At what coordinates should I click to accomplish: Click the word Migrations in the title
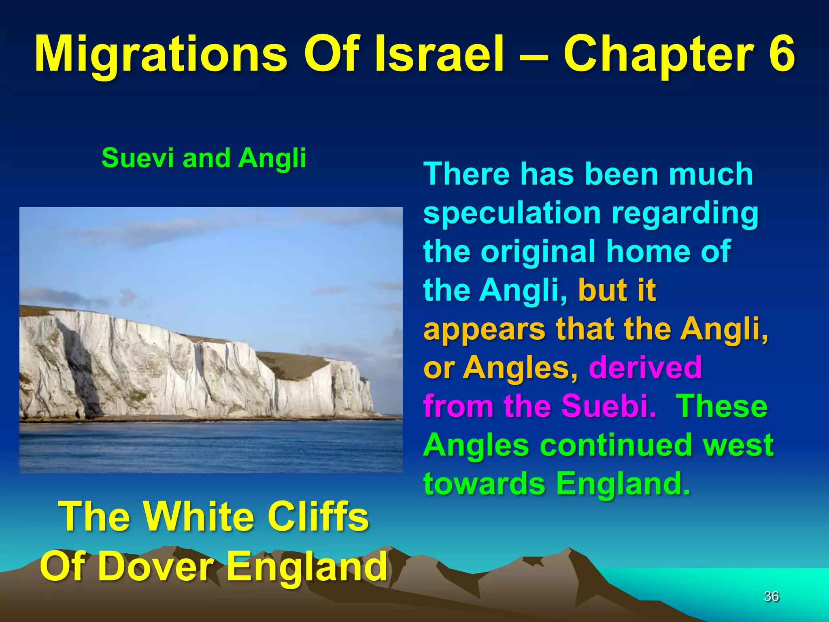(x=160, y=55)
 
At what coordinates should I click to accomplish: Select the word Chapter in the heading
(x=659, y=55)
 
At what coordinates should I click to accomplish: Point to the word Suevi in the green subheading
(x=138, y=158)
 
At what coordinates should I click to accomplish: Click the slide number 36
(x=771, y=596)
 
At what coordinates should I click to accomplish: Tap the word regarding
(x=685, y=213)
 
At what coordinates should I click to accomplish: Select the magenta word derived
(x=645, y=367)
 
